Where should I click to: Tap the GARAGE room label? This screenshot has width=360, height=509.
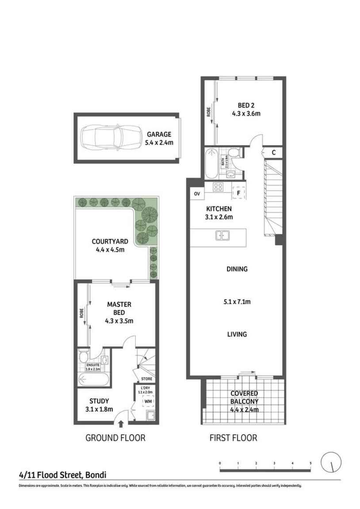pos(159,135)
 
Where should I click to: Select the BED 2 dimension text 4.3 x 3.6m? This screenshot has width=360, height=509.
pos(246,113)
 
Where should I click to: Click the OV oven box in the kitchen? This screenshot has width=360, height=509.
pos(197,193)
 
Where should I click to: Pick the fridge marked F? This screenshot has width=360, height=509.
pos(238,193)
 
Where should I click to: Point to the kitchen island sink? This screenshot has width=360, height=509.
pos(222,235)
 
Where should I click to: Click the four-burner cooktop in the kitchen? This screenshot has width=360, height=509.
pos(218,187)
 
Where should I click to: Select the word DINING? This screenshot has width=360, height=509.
pos(237,269)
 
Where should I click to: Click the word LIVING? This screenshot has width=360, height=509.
pos(237,334)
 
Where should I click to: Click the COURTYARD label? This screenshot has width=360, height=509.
pos(110,242)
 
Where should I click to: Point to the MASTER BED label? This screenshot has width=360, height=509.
pos(119,308)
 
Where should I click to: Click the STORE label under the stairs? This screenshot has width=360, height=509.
pos(146,379)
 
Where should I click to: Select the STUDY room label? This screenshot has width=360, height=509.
pos(99,401)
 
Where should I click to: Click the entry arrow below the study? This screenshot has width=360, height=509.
pos(121,425)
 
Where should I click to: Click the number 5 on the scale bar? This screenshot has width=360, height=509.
pos(310,463)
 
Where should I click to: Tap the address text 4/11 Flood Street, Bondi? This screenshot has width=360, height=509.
pos(62,475)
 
